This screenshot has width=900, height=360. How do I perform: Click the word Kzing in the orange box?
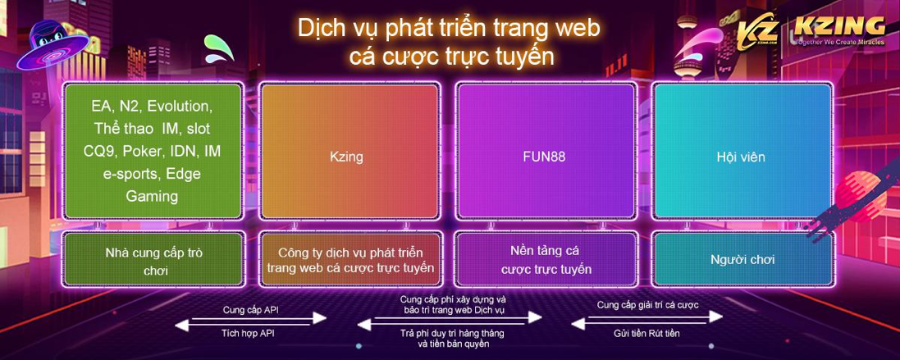click(x=348, y=156)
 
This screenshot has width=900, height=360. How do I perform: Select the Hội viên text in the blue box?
click(x=741, y=156)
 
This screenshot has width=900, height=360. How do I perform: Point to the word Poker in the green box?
click(x=139, y=151)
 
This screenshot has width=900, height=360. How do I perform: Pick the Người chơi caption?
click(x=742, y=259)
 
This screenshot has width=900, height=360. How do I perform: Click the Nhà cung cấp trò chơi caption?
click(x=153, y=261)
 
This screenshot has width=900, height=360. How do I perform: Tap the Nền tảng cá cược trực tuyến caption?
click(x=546, y=259)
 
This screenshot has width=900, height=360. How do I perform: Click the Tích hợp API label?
click(x=248, y=333)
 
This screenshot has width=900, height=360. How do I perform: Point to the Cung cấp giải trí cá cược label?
click(x=647, y=305)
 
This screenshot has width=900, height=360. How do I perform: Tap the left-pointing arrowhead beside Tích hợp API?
click(x=182, y=325)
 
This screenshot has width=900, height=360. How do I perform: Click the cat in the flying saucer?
click(x=51, y=43)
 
